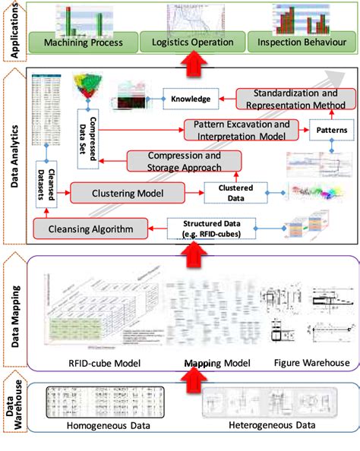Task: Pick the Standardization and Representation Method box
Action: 292,98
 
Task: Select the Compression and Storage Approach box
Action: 184,161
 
